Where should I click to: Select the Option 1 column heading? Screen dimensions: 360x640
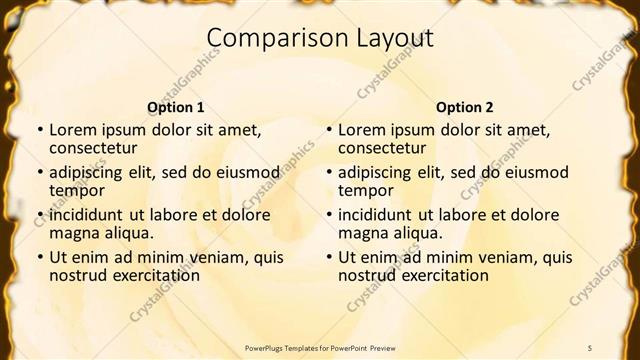[x=175, y=107]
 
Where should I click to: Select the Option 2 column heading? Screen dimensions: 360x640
[x=464, y=107]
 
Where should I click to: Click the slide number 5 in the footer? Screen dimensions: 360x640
[x=590, y=347]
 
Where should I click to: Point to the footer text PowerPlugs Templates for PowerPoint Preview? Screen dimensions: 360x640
[x=320, y=347]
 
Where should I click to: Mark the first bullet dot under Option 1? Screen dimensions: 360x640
[x=39, y=130]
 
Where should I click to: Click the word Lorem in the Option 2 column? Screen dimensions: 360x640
[x=361, y=129]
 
